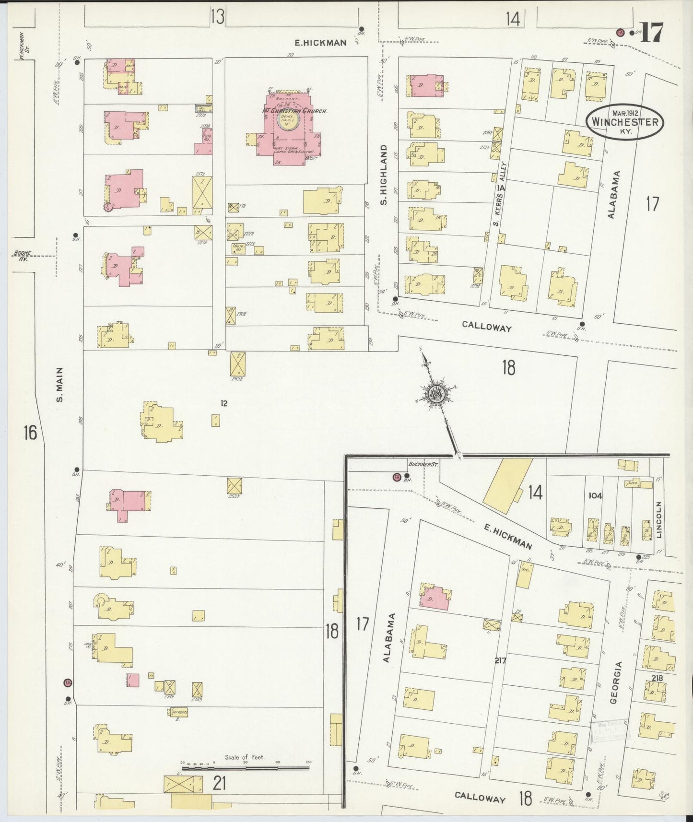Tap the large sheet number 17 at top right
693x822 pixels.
pos(652,33)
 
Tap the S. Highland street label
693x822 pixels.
pos(384,175)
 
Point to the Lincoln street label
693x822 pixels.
pos(659,520)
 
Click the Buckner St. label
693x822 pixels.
pos(418,464)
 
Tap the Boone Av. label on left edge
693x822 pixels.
pos(21,256)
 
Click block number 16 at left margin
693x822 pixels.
pos(30,433)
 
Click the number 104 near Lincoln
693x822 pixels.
pos(595,496)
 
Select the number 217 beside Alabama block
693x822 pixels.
pos(500,660)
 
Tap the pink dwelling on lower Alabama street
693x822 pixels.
pos(435,598)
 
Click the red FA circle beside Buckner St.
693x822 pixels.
pos(397,477)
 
